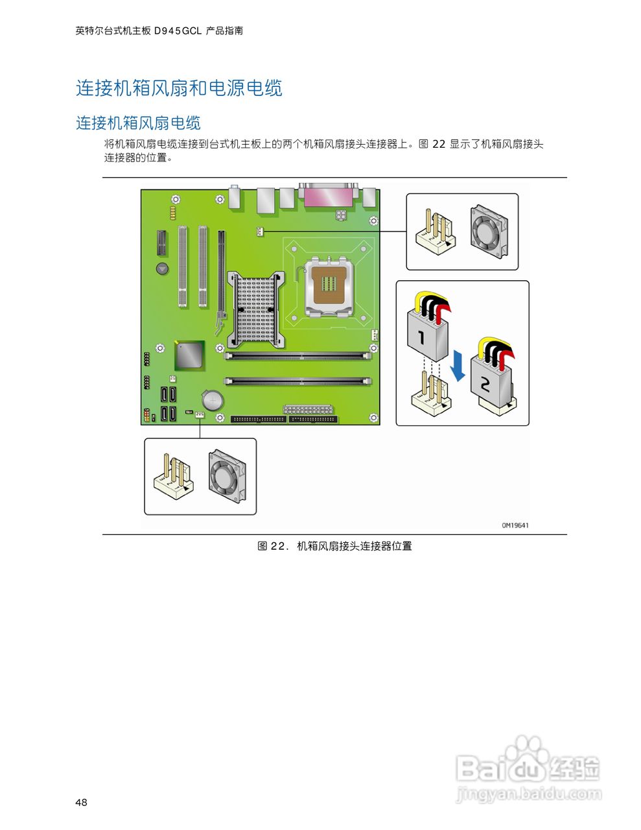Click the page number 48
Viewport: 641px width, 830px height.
point(81,803)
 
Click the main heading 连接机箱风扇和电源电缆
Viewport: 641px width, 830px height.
point(179,88)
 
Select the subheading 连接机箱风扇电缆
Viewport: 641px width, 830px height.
point(138,123)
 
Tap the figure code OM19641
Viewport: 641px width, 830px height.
point(515,525)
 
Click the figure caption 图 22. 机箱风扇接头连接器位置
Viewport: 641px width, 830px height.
point(334,546)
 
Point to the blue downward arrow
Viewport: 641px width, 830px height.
point(458,365)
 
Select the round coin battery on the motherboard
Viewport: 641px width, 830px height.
point(212,399)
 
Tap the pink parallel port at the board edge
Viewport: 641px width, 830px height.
point(328,195)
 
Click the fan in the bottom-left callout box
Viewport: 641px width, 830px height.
point(227,477)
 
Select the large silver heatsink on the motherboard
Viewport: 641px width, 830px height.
point(255,309)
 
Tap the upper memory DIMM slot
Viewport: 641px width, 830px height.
point(298,355)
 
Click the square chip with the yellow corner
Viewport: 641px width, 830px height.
point(189,355)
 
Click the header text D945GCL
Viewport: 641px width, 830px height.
point(178,30)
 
